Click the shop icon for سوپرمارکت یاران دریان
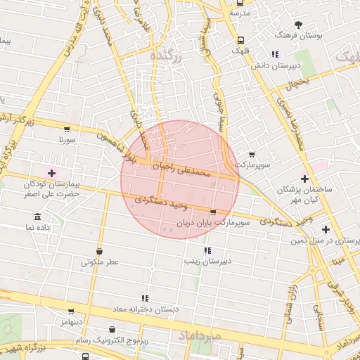pos(213,212)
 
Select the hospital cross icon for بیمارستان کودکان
pos(51,173)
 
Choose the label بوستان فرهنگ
pos(299,34)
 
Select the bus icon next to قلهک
pos(241,40)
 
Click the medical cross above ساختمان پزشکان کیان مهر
pos(304,179)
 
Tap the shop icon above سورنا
pos(67,129)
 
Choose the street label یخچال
pos(297,85)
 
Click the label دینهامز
pos(72,321)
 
